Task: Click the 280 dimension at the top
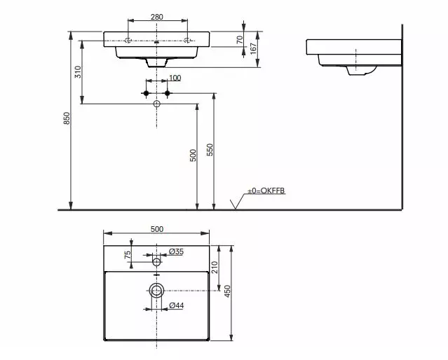157,17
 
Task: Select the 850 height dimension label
67,120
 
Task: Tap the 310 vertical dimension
79,71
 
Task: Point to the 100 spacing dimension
174,78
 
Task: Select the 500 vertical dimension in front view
194,155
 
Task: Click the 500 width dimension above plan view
157,229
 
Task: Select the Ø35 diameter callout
176,251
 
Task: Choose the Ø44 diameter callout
177,305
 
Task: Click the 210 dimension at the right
215,266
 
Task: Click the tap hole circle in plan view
157,262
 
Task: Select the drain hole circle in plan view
157,289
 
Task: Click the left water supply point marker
147,93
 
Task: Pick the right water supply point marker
167,93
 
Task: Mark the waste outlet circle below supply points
157,104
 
